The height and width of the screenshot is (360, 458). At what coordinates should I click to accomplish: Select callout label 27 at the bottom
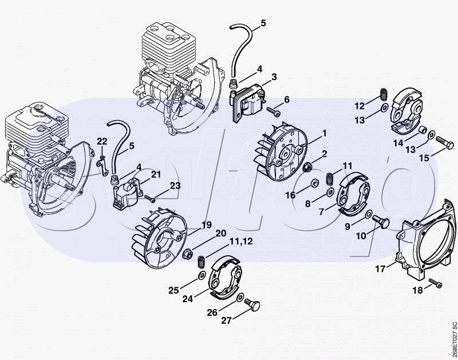click(x=227, y=321)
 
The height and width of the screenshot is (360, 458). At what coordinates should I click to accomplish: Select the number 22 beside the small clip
click(x=101, y=141)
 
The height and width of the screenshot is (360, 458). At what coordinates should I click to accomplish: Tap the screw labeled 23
click(x=151, y=198)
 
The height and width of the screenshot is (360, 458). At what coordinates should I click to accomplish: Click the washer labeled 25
click(x=202, y=276)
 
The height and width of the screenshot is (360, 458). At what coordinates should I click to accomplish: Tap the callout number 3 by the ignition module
click(x=274, y=77)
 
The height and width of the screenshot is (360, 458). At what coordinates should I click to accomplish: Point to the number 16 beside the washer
click(x=291, y=195)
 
